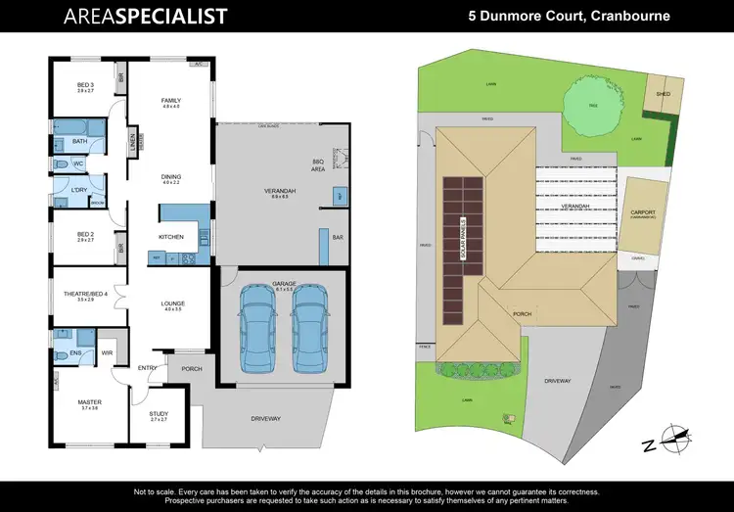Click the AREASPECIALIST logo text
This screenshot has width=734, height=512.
(x=145, y=17)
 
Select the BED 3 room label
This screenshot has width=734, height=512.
(x=85, y=86)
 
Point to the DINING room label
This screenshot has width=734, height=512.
(x=171, y=178)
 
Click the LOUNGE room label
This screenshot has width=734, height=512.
(x=173, y=304)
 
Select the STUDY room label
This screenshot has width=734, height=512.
(x=159, y=415)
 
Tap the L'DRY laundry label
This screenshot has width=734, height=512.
(x=79, y=188)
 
